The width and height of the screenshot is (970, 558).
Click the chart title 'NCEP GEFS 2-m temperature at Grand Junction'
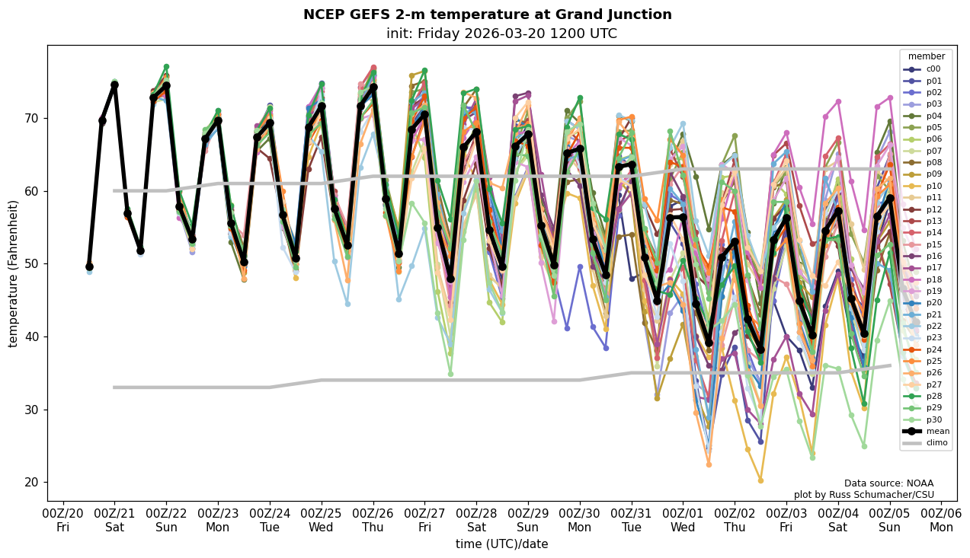(x=487, y=14)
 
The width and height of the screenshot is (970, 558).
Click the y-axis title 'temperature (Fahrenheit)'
(x=13, y=273)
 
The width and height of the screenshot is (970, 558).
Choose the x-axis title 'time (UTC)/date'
(x=501, y=544)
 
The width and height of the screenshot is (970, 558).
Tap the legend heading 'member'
(x=926, y=56)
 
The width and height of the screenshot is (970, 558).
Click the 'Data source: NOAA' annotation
(x=888, y=483)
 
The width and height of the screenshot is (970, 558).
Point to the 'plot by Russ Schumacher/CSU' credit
(x=874, y=495)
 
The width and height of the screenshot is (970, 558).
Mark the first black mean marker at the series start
(x=89, y=266)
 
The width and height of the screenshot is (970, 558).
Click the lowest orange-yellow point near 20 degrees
(x=760, y=480)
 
